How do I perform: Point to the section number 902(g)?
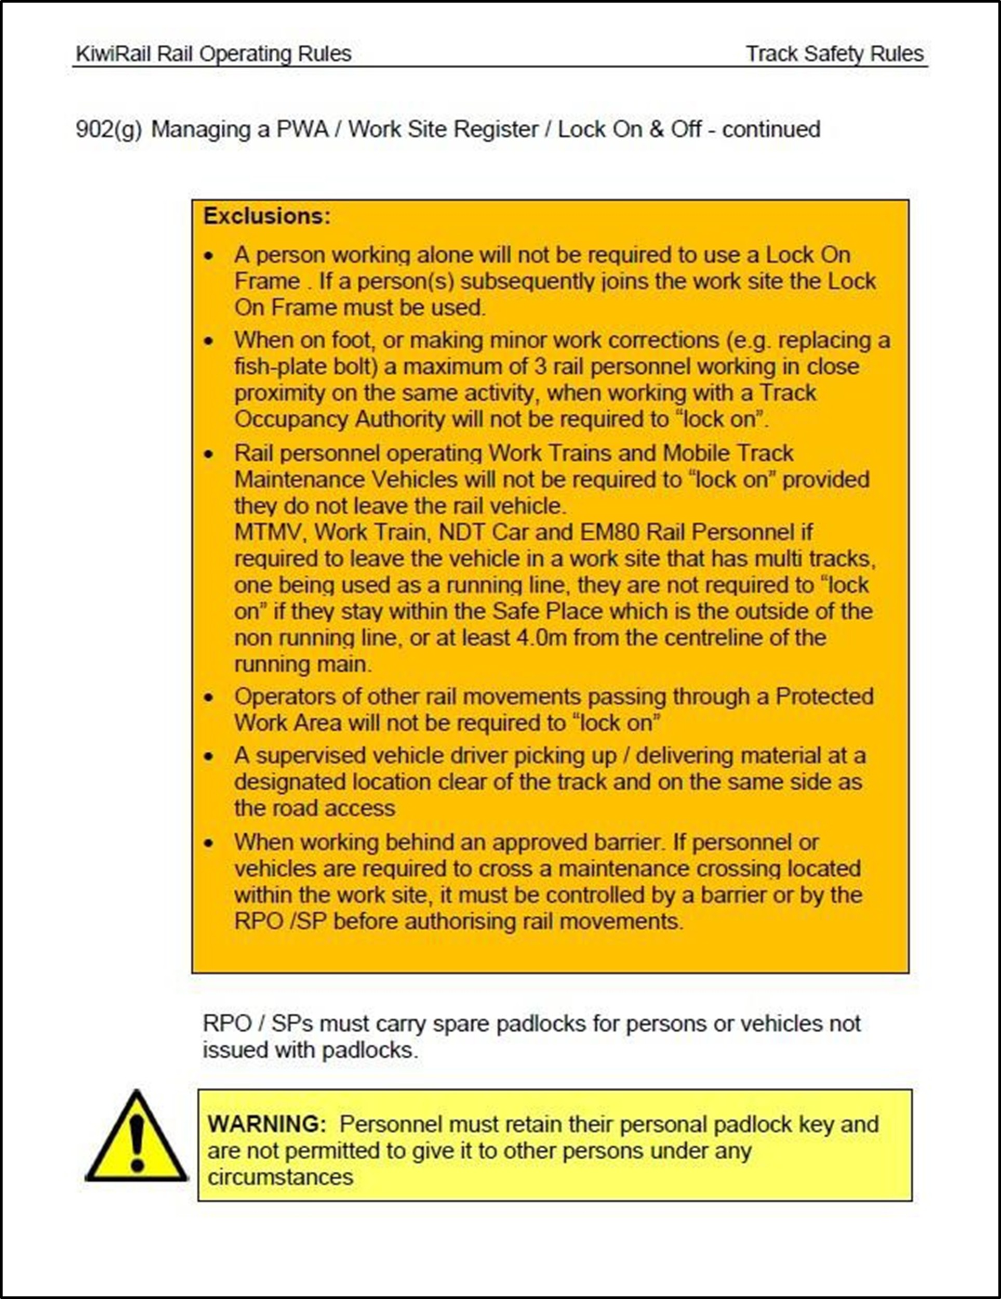(109, 129)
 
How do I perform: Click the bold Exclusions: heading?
(266, 216)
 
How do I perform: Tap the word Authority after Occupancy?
(399, 419)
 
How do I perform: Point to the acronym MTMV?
(269, 532)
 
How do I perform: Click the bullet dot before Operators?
(209, 698)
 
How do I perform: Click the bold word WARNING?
(267, 1125)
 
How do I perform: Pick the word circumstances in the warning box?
(280, 1177)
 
